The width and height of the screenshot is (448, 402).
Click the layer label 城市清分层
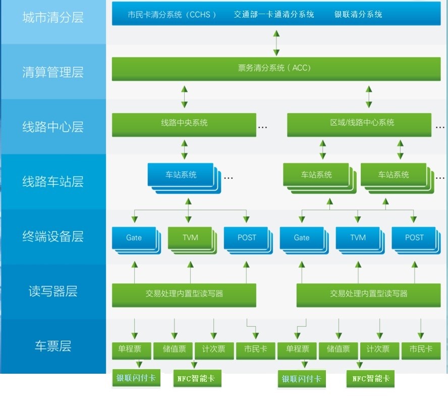click(52, 18)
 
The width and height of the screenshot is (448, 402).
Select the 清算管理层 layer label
click(52, 72)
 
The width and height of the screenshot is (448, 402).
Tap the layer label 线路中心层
click(52, 127)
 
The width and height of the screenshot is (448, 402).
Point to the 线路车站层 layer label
click(52, 181)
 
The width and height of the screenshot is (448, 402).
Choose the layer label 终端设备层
click(52, 236)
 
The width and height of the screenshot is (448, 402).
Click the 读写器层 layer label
click(52, 291)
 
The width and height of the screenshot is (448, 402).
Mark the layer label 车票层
click(52, 346)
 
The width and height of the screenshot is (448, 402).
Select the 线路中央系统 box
click(184, 124)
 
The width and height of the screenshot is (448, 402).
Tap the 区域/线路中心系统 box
click(359, 124)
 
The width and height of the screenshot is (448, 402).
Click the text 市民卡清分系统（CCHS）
click(172, 15)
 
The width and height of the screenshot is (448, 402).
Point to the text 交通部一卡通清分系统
click(274, 15)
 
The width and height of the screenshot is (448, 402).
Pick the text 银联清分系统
click(358, 15)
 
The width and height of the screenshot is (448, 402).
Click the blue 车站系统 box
click(181, 175)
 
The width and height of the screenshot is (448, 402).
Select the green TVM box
click(190, 238)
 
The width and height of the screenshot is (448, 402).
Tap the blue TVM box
click(358, 238)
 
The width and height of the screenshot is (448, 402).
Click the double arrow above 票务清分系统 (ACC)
click(276, 42)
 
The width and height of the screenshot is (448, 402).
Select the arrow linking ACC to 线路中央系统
click(185, 96)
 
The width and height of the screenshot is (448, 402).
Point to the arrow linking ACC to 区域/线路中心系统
click(369, 96)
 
